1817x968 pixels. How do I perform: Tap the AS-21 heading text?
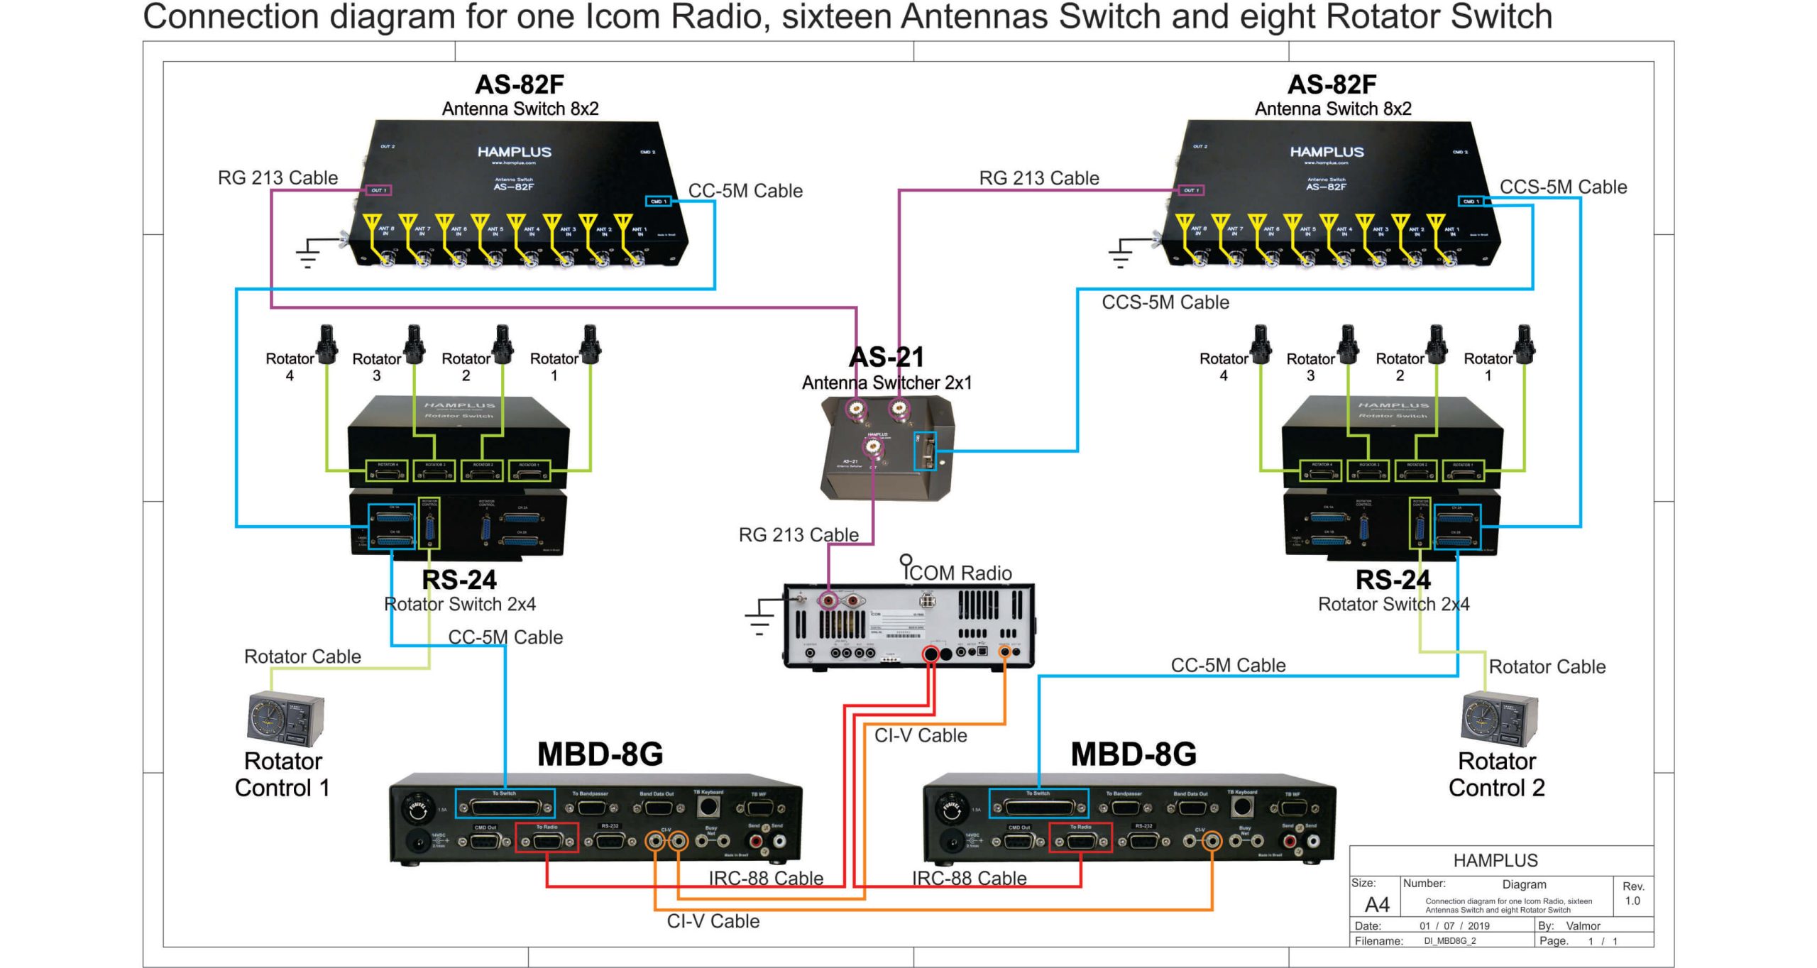(886, 357)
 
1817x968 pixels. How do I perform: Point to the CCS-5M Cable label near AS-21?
(1165, 302)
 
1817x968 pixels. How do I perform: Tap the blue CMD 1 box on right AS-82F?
(1470, 202)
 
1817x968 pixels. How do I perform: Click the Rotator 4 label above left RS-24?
(290, 366)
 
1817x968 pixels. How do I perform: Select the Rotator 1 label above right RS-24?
(1488, 366)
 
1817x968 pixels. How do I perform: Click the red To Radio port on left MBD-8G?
(546, 838)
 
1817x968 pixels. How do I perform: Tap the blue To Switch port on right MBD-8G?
(1038, 803)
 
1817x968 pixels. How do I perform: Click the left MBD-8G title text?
(600, 754)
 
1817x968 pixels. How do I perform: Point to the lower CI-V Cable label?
(713, 921)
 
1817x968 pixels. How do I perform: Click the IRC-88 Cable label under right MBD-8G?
(969, 879)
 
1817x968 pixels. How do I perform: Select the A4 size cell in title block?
(1376, 905)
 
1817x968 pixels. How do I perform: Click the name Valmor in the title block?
(1583, 926)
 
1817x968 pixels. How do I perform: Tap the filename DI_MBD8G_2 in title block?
(1449, 941)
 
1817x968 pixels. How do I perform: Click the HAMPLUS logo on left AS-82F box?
(514, 152)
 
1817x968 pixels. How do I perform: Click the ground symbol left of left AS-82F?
(308, 254)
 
